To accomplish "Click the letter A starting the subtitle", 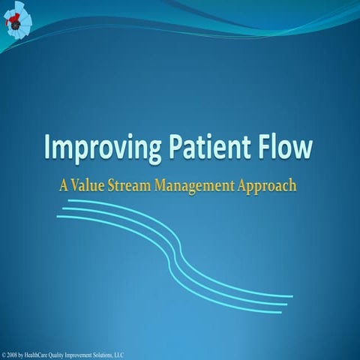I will [65, 184].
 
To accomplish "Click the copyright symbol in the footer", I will [4, 354].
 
